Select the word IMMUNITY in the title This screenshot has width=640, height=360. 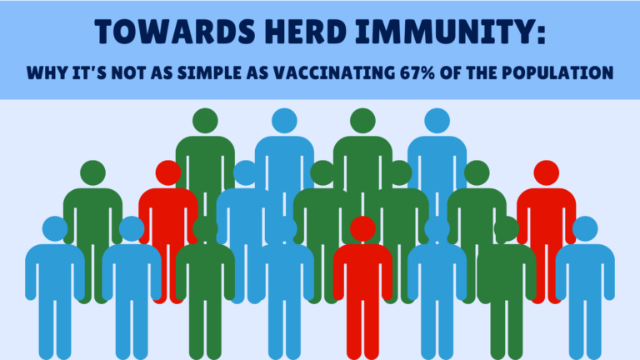click(443, 32)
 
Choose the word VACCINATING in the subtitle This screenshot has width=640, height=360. click(334, 72)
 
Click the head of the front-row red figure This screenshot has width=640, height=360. click(362, 228)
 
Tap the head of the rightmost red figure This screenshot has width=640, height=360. click(547, 173)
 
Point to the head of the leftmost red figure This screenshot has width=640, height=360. click(168, 173)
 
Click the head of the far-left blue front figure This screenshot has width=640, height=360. click(55, 228)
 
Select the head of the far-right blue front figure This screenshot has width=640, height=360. click(585, 228)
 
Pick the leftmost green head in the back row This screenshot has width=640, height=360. click(205, 121)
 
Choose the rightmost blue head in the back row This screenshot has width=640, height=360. click(437, 121)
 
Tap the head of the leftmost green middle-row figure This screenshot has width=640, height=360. click(93, 173)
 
